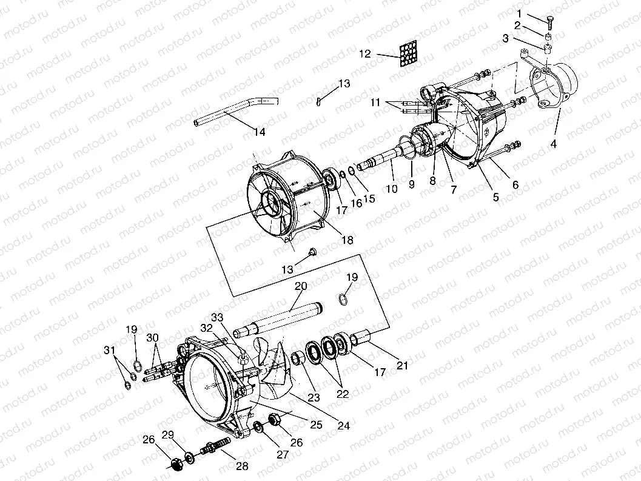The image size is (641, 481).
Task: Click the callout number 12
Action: (364, 54)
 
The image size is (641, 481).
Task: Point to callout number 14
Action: (260, 132)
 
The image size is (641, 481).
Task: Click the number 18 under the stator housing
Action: (347, 240)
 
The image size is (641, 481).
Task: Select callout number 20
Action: (301, 286)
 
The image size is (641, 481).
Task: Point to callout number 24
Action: (344, 426)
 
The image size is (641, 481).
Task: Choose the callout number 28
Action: (242, 467)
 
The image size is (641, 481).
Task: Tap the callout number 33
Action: (217, 317)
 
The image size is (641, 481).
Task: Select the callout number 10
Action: (392, 189)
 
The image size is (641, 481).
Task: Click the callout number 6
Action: (515, 185)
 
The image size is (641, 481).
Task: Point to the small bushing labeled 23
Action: (298, 358)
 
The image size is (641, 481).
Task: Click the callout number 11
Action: (375, 103)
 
